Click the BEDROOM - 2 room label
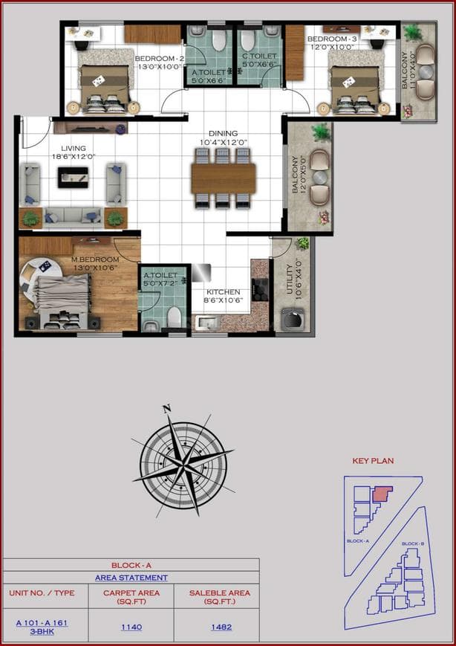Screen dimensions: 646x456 159,58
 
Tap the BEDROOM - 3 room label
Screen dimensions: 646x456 332,39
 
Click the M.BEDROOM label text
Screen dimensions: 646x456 95,259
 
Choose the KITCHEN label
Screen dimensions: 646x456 223,292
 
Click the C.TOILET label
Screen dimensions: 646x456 259,56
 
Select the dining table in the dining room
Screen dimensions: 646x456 223,178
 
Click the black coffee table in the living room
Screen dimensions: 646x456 73,175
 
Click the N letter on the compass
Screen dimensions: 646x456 167,408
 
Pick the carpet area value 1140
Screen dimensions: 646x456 131,627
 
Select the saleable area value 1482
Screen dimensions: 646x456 221,627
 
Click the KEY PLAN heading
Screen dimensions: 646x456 373,461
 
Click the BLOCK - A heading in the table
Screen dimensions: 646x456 131,565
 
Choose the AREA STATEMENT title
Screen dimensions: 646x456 131,578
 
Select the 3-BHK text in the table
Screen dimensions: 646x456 40,633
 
